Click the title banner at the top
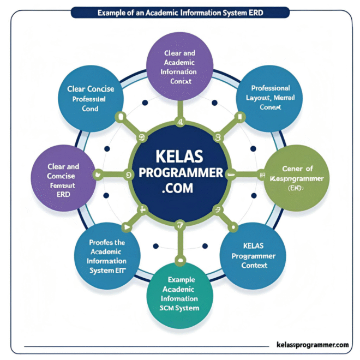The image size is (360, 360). click(x=180, y=11)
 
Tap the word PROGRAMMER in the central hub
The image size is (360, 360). click(x=180, y=173)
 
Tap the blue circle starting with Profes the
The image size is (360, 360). click(x=107, y=253)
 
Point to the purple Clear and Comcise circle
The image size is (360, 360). click(x=64, y=178)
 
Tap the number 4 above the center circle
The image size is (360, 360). click(x=179, y=122)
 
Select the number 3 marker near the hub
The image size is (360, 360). click(x=218, y=137)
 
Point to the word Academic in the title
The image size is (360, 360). click(x=160, y=11)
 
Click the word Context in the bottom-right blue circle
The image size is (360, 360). click(x=254, y=266)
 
